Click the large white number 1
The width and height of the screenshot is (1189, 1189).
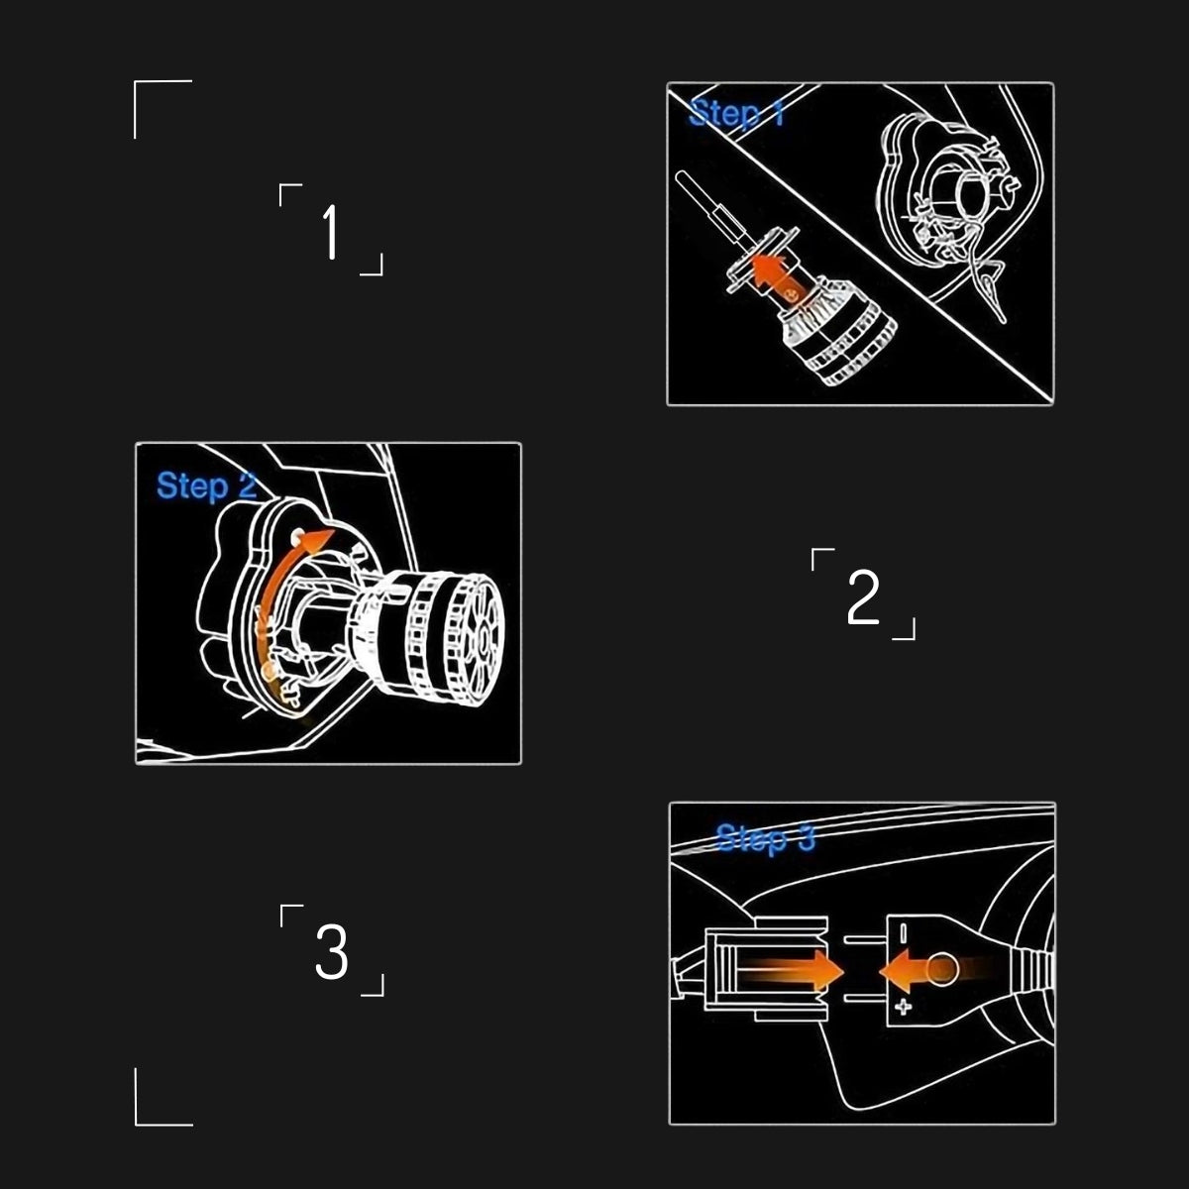click(x=331, y=233)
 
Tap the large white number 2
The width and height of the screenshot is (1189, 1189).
click(x=863, y=597)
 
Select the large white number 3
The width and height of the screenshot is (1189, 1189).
click(x=332, y=952)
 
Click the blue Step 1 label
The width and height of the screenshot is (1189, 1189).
click(x=736, y=114)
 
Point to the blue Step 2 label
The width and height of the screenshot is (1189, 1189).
click(x=206, y=486)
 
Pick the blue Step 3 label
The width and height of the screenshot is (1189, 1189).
click(x=765, y=838)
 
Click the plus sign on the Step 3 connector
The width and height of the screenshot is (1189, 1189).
click(x=903, y=1008)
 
